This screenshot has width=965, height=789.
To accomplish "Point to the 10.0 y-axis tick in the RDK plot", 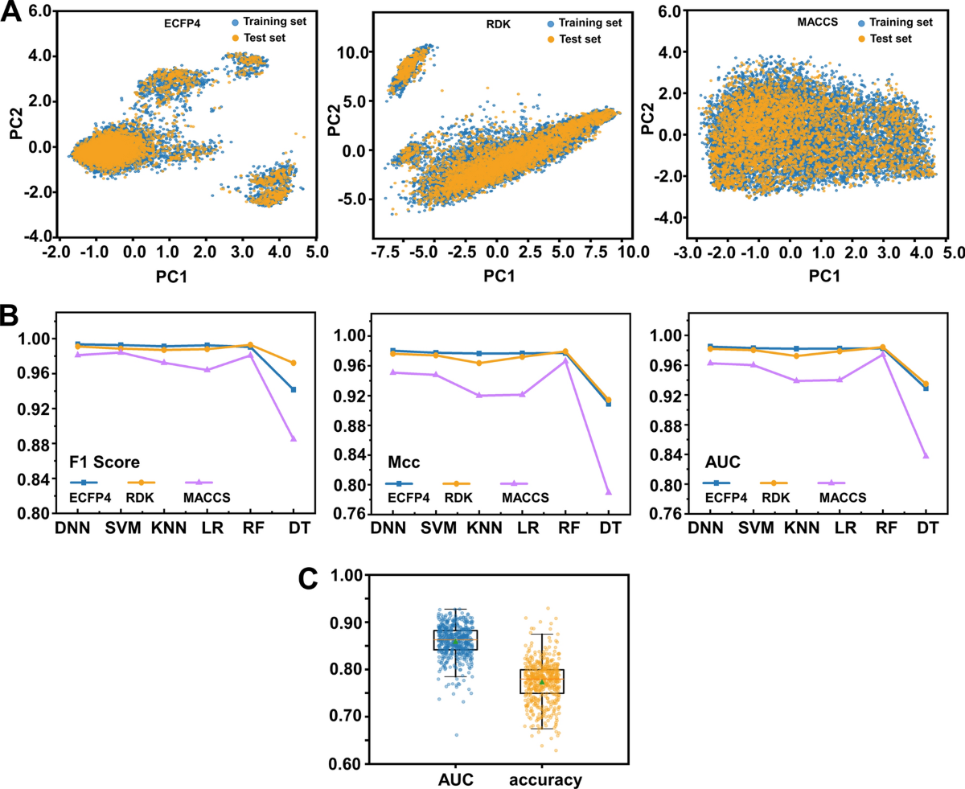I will click(x=351, y=51).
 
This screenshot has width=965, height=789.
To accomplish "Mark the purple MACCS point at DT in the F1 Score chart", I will click(x=294, y=438).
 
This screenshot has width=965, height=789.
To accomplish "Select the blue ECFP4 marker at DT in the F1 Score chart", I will click(x=294, y=389).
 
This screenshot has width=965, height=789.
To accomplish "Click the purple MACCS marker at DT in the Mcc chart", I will click(x=609, y=491).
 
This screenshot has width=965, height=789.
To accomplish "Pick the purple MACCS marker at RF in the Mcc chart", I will click(x=565, y=360).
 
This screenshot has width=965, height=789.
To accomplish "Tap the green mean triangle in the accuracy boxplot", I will click(x=542, y=681).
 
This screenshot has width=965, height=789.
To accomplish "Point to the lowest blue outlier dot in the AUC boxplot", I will click(x=457, y=734).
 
